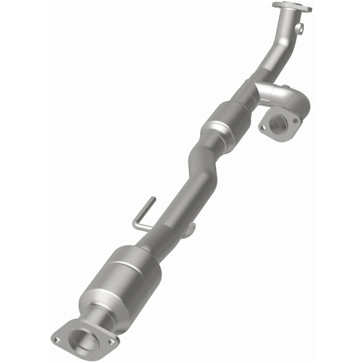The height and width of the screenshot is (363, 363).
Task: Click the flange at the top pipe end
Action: coord(292,7)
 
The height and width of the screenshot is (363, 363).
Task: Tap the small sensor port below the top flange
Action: coord(300,26)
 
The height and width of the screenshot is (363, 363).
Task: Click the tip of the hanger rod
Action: coord(152,199)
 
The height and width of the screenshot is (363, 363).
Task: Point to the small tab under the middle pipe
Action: coord(190,228)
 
